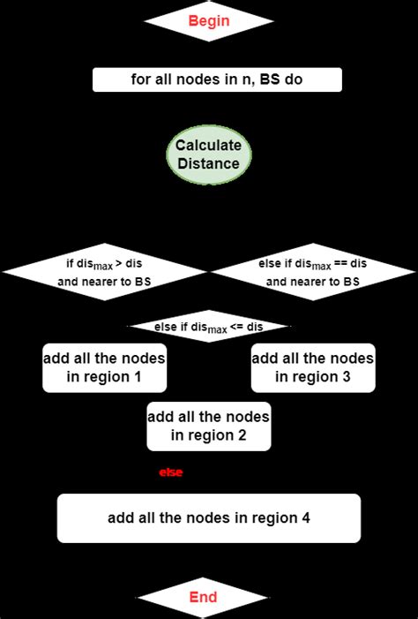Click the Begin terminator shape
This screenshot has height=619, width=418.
(x=208, y=20)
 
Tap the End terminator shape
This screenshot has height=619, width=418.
(x=203, y=598)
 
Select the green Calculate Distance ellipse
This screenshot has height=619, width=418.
(x=208, y=155)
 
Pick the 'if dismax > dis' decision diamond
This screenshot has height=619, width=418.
(x=104, y=271)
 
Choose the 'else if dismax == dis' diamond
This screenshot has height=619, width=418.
(x=313, y=271)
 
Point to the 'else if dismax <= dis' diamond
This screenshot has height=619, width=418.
(x=209, y=328)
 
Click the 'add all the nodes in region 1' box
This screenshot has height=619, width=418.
(x=104, y=367)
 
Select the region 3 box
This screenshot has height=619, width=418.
(x=313, y=367)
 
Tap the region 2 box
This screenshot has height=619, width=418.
(x=209, y=426)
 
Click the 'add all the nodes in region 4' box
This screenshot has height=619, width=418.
(x=209, y=518)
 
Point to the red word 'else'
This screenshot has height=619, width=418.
(x=170, y=473)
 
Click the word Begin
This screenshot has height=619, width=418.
(x=208, y=20)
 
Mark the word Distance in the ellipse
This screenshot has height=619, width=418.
(x=208, y=163)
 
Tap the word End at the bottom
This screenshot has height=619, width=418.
(x=203, y=598)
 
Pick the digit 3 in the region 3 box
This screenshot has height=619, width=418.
(x=347, y=377)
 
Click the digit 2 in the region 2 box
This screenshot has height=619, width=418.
(x=242, y=435)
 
